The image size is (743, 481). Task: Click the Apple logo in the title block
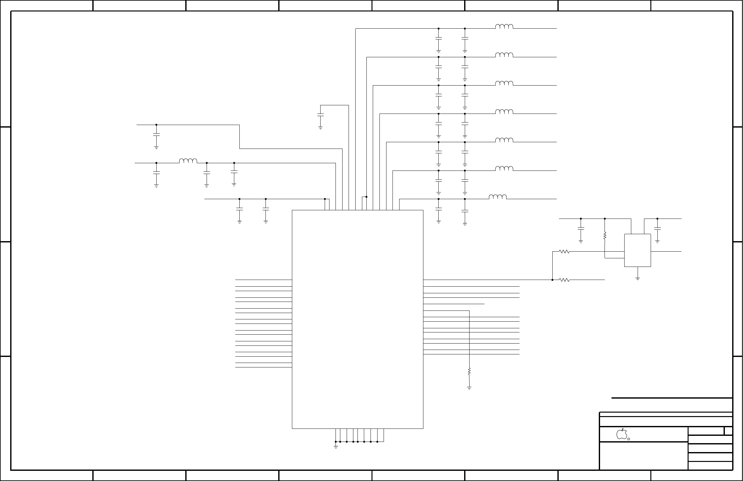(x=621, y=434)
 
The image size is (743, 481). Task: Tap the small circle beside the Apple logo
(x=629, y=439)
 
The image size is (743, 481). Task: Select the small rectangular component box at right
(x=637, y=250)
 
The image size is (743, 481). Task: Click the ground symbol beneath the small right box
(x=638, y=278)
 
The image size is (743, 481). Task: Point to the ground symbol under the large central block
(x=336, y=447)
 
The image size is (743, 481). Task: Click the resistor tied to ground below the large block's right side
(x=469, y=371)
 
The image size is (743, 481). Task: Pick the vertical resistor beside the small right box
(x=605, y=236)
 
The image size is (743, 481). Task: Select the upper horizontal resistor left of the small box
(x=564, y=252)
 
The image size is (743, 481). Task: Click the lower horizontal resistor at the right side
(x=564, y=280)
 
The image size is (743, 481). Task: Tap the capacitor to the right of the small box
(x=657, y=229)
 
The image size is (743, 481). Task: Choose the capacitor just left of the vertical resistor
(x=581, y=229)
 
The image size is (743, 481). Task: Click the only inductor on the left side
(x=188, y=161)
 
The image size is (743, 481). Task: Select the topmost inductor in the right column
(x=504, y=27)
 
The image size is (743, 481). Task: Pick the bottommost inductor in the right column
(x=498, y=197)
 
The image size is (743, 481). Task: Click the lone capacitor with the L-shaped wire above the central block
(x=321, y=115)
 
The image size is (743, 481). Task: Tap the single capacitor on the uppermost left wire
(x=156, y=135)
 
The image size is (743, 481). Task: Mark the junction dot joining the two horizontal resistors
(x=552, y=280)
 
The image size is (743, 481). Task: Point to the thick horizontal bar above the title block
(x=672, y=398)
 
